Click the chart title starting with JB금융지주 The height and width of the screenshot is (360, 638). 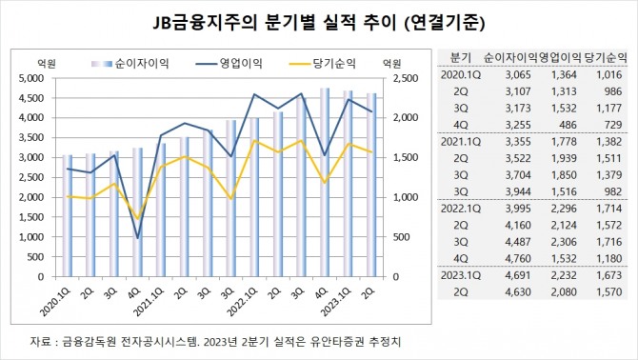(x=319, y=20)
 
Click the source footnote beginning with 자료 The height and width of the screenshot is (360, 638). (x=197, y=339)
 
